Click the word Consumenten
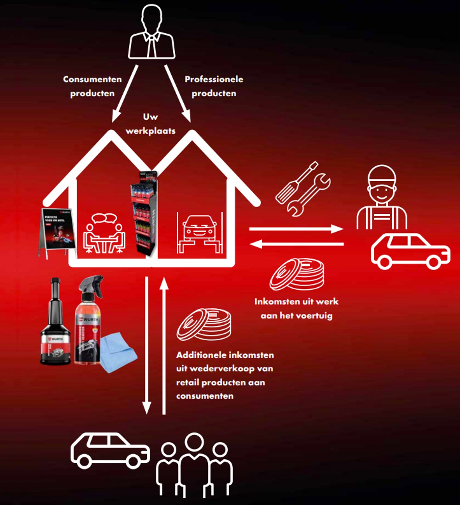[x=92, y=79]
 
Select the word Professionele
[x=214, y=79]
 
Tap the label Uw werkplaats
[x=150, y=124]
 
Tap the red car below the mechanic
[x=410, y=251]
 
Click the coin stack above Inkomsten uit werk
[x=297, y=274]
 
